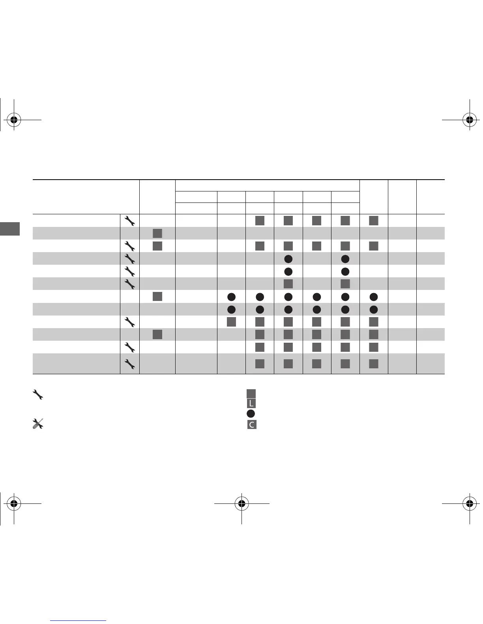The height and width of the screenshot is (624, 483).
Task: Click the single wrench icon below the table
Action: pos(37,394)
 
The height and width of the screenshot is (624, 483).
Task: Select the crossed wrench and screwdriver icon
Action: pos(37,423)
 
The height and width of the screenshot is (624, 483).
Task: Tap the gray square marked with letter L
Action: pos(251,403)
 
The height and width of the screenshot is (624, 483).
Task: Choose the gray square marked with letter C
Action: pos(251,424)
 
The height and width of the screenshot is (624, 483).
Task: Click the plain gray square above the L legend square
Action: pos(251,394)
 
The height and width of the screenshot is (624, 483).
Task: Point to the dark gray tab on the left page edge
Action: pos(9,229)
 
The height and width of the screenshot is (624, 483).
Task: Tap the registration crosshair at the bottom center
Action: pos(241,503)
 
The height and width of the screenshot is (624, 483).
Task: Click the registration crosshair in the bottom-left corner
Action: pos(14,503)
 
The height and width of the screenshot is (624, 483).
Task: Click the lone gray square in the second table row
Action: pos(157,233)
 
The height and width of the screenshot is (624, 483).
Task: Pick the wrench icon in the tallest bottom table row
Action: pos(130,364)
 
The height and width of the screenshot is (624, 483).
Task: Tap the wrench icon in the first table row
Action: pos(130,221)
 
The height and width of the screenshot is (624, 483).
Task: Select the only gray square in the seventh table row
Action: pos(157,297)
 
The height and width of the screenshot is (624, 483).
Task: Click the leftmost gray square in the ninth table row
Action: pos(232,322)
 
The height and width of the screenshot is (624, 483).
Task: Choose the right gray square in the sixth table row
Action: pos(345,284)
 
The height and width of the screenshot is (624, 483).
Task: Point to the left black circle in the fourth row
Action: pos(288,259)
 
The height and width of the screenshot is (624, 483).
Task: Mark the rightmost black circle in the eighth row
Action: pos(374,309)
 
